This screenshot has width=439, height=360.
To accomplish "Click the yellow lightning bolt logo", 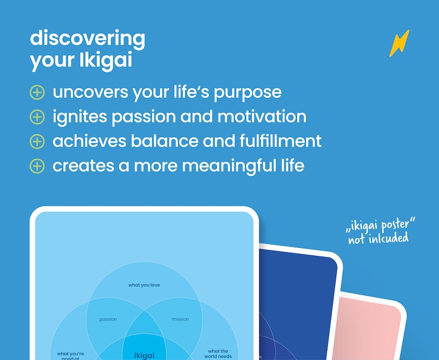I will click(x=399, y=43).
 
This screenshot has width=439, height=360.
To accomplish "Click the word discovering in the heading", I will click(x=87, y=39).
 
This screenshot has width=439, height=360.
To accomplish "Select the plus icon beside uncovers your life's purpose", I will click(x=37, y=92).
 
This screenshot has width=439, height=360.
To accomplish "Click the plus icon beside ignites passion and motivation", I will click(x=37, y=117).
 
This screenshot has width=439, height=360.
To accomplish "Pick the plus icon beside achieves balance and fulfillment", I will click(x=37, y=141).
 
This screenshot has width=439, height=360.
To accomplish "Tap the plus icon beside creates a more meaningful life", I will click(x=37, y=165).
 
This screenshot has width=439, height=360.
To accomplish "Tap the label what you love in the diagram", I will click(x=144, y=285).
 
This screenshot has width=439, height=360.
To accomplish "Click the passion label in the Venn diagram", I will click(x=108, y=319).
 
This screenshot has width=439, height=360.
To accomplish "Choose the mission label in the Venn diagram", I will click(x=180, y=319).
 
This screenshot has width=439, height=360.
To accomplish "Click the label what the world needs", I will click(x=218, y=353).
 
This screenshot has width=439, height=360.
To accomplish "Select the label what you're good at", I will click(x=70, y=354).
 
